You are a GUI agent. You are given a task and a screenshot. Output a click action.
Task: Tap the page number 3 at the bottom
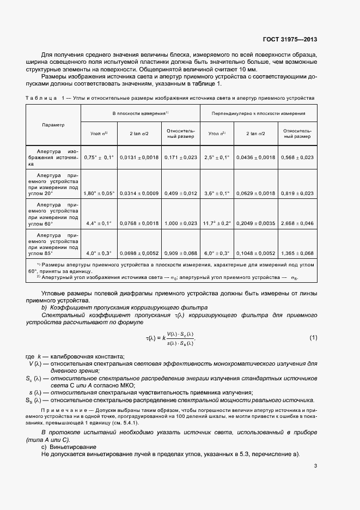[315, 465]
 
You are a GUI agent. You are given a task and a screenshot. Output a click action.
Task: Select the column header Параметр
[53, 125]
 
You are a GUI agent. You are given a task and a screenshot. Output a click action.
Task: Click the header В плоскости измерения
[140, 113]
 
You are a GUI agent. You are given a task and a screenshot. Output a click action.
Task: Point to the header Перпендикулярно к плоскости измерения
[259, 113]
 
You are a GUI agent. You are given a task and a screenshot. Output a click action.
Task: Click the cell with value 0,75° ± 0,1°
[99, 157]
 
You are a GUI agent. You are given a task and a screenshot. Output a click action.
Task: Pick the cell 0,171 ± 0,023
[180, 157]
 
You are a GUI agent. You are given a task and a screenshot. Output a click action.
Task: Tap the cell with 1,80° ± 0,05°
[99, 192]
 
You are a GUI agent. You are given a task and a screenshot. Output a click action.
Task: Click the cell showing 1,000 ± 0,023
[180, 223]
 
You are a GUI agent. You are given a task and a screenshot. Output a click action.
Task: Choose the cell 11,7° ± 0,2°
[216, 223]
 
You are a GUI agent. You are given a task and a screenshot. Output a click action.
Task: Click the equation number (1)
[313, 338]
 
